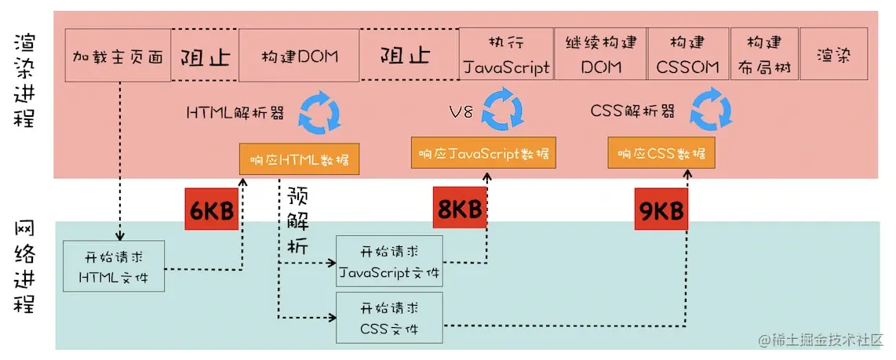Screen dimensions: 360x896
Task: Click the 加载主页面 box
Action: tap(118, 56)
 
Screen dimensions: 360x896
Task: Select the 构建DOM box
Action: tap(299, 56)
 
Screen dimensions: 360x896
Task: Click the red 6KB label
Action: tap(211, 209)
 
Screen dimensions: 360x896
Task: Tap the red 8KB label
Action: tap(459, 209)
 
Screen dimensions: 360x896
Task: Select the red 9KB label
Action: tap(661, 210)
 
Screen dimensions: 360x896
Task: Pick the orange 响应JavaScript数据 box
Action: tap(483, 153)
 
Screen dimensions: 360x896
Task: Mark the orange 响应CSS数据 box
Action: tap(661, 153)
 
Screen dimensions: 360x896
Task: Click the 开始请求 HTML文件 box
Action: tap(114, 267)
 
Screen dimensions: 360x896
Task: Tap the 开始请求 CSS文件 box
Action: tap(389, 317)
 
